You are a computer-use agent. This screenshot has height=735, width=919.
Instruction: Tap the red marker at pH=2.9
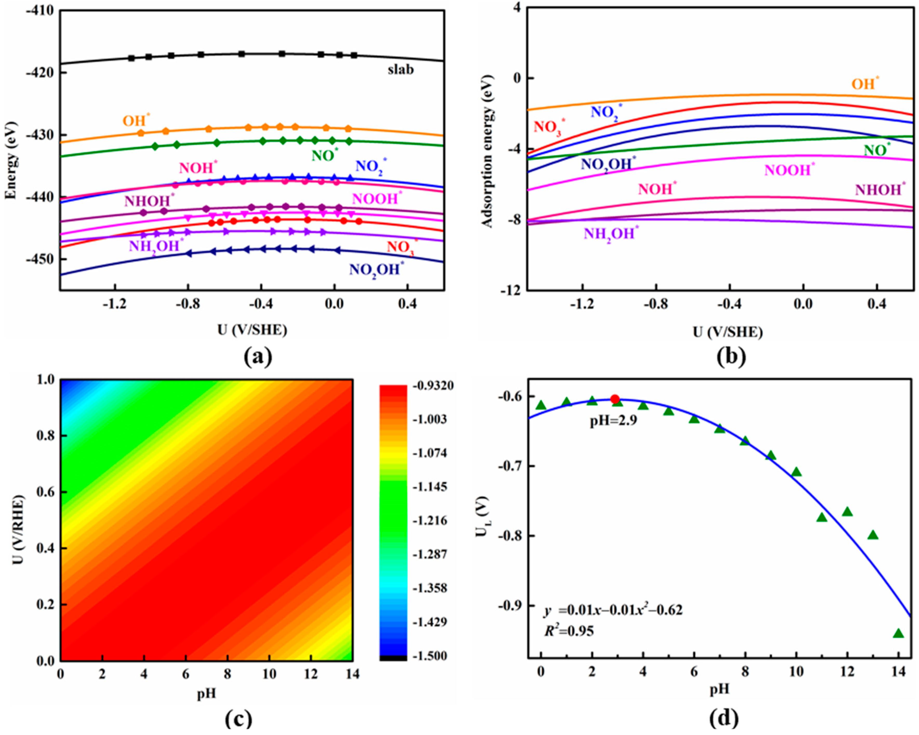coord(615,399)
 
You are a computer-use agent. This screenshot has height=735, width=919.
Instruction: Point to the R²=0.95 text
coord(569,631)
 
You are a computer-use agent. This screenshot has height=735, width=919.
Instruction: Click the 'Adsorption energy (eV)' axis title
coord(487,151)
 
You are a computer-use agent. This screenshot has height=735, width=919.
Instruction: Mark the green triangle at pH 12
coord(847,512)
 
